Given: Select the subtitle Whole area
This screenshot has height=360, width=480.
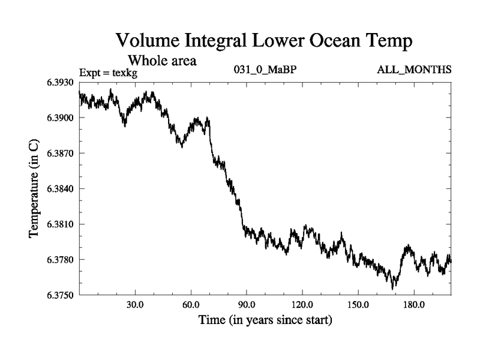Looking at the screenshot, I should (162, 61).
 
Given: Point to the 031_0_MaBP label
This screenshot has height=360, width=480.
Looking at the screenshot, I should (265, 70).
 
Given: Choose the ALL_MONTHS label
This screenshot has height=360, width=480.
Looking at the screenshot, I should (414, 70).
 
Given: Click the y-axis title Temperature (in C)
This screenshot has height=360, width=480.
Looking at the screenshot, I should (35, 189).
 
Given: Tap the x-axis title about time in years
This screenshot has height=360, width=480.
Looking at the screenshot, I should (265, 320).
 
